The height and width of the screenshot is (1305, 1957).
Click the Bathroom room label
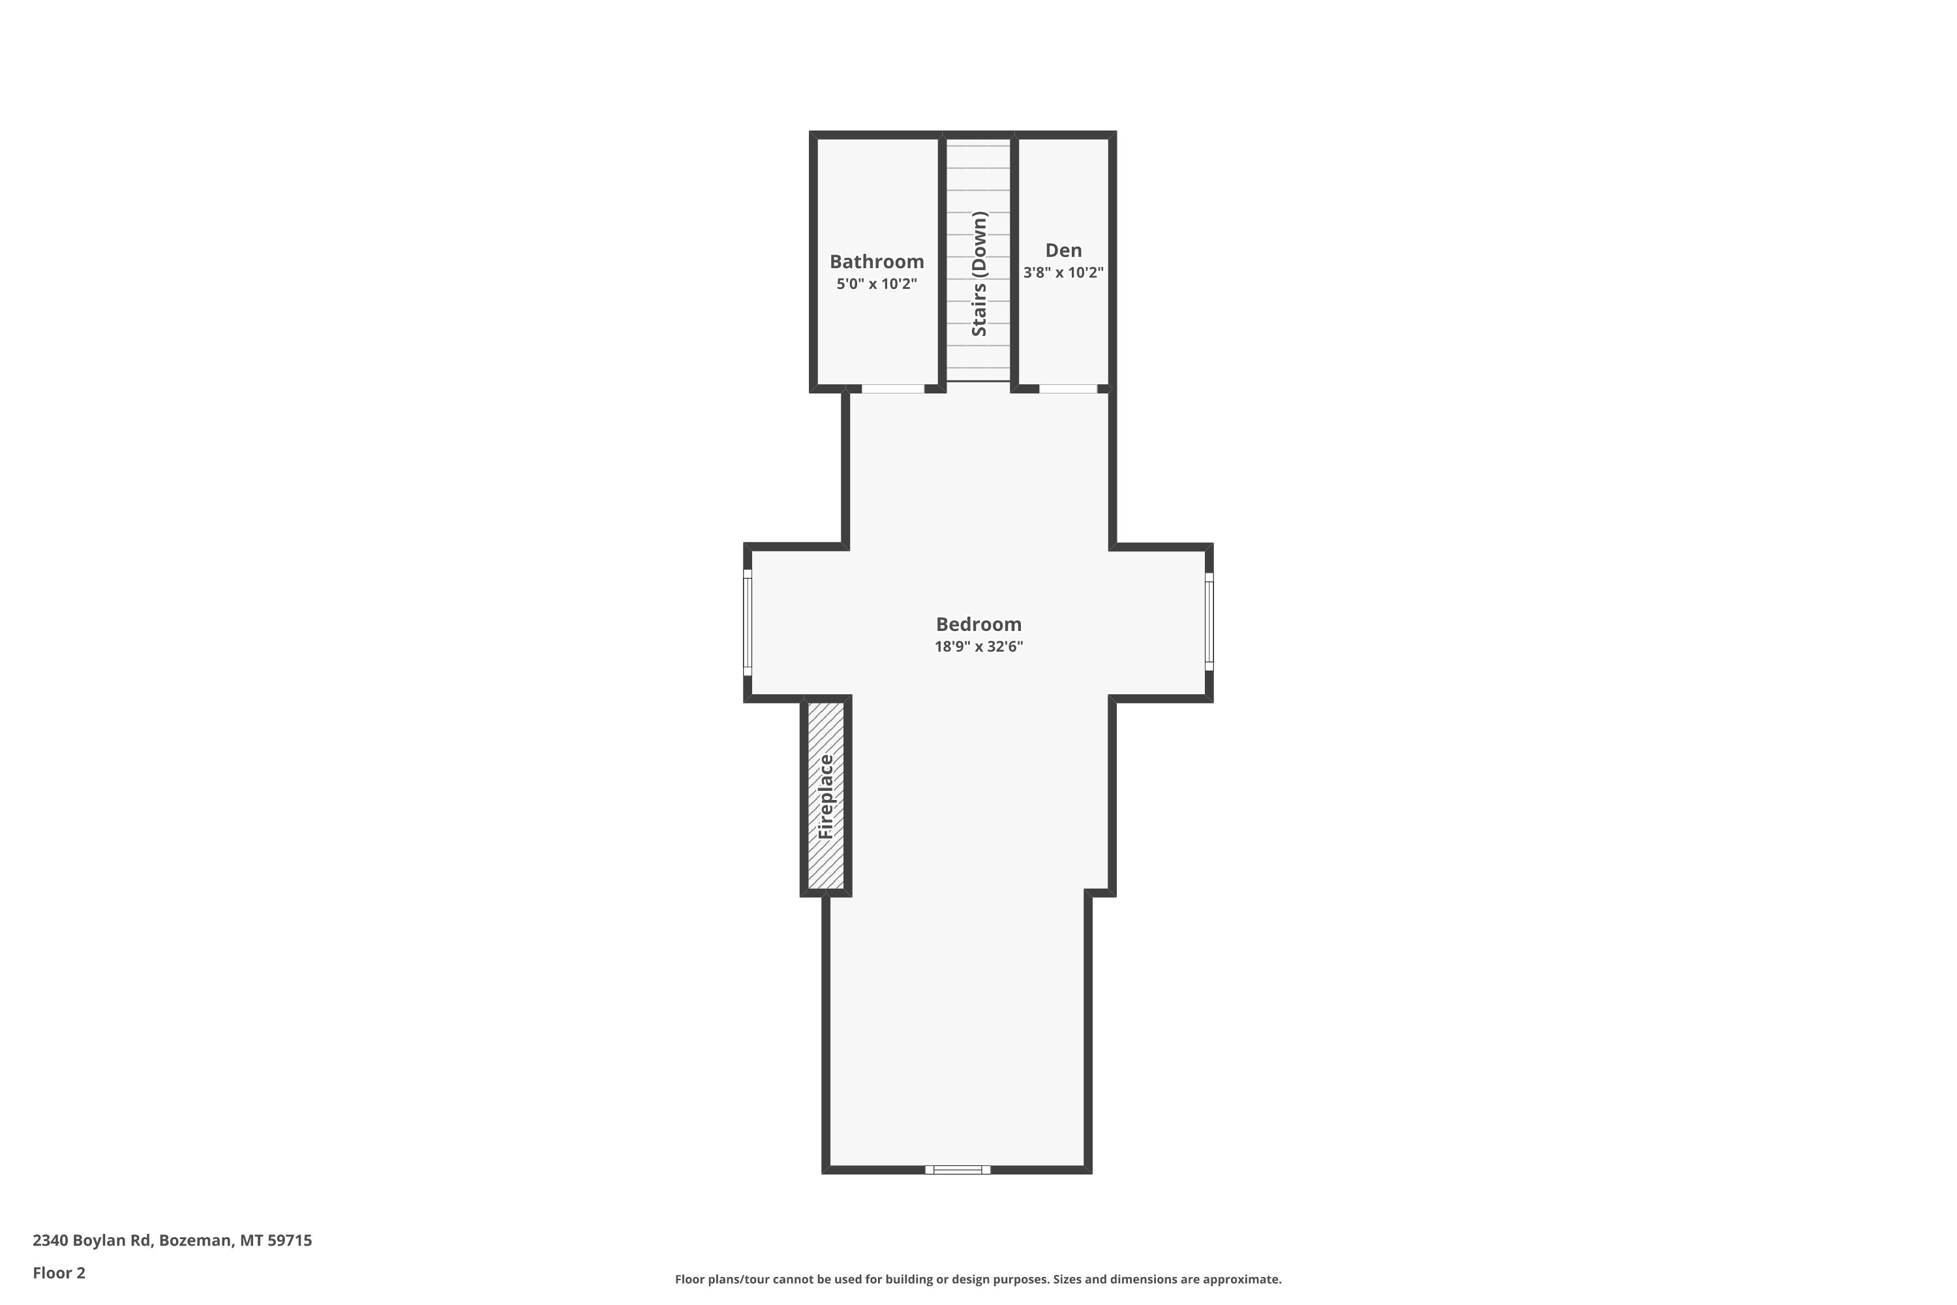876,262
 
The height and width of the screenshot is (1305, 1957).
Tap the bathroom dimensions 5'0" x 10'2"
876,284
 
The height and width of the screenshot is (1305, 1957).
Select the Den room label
1063,250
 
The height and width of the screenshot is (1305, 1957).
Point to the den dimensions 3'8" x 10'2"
1063,272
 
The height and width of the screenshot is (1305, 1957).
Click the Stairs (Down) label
979,274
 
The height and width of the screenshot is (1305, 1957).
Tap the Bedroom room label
978,624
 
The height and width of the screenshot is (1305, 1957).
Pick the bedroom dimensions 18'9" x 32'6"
978,647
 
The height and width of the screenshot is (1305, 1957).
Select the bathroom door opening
893,389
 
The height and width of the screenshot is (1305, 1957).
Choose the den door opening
1069,389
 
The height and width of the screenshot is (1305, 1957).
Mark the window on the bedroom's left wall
747,622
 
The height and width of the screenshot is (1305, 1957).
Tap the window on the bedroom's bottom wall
958,1169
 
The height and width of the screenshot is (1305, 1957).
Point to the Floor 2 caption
59,1272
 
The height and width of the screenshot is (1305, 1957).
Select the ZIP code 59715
290,1240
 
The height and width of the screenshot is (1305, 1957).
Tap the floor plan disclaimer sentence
978,1279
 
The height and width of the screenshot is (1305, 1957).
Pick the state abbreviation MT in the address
251,1240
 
